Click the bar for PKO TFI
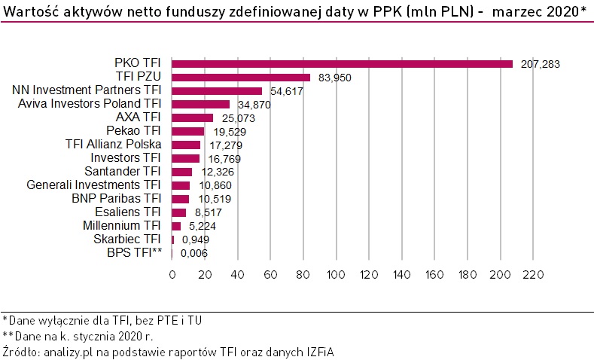point(342,64)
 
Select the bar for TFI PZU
point(241,77)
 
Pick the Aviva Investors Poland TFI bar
point(200,104)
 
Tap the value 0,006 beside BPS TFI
point(195,253)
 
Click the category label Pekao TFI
point(137,131)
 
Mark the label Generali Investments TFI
point(94,185)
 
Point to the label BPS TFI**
point(135,253)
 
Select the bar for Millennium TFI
point(176,226)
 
